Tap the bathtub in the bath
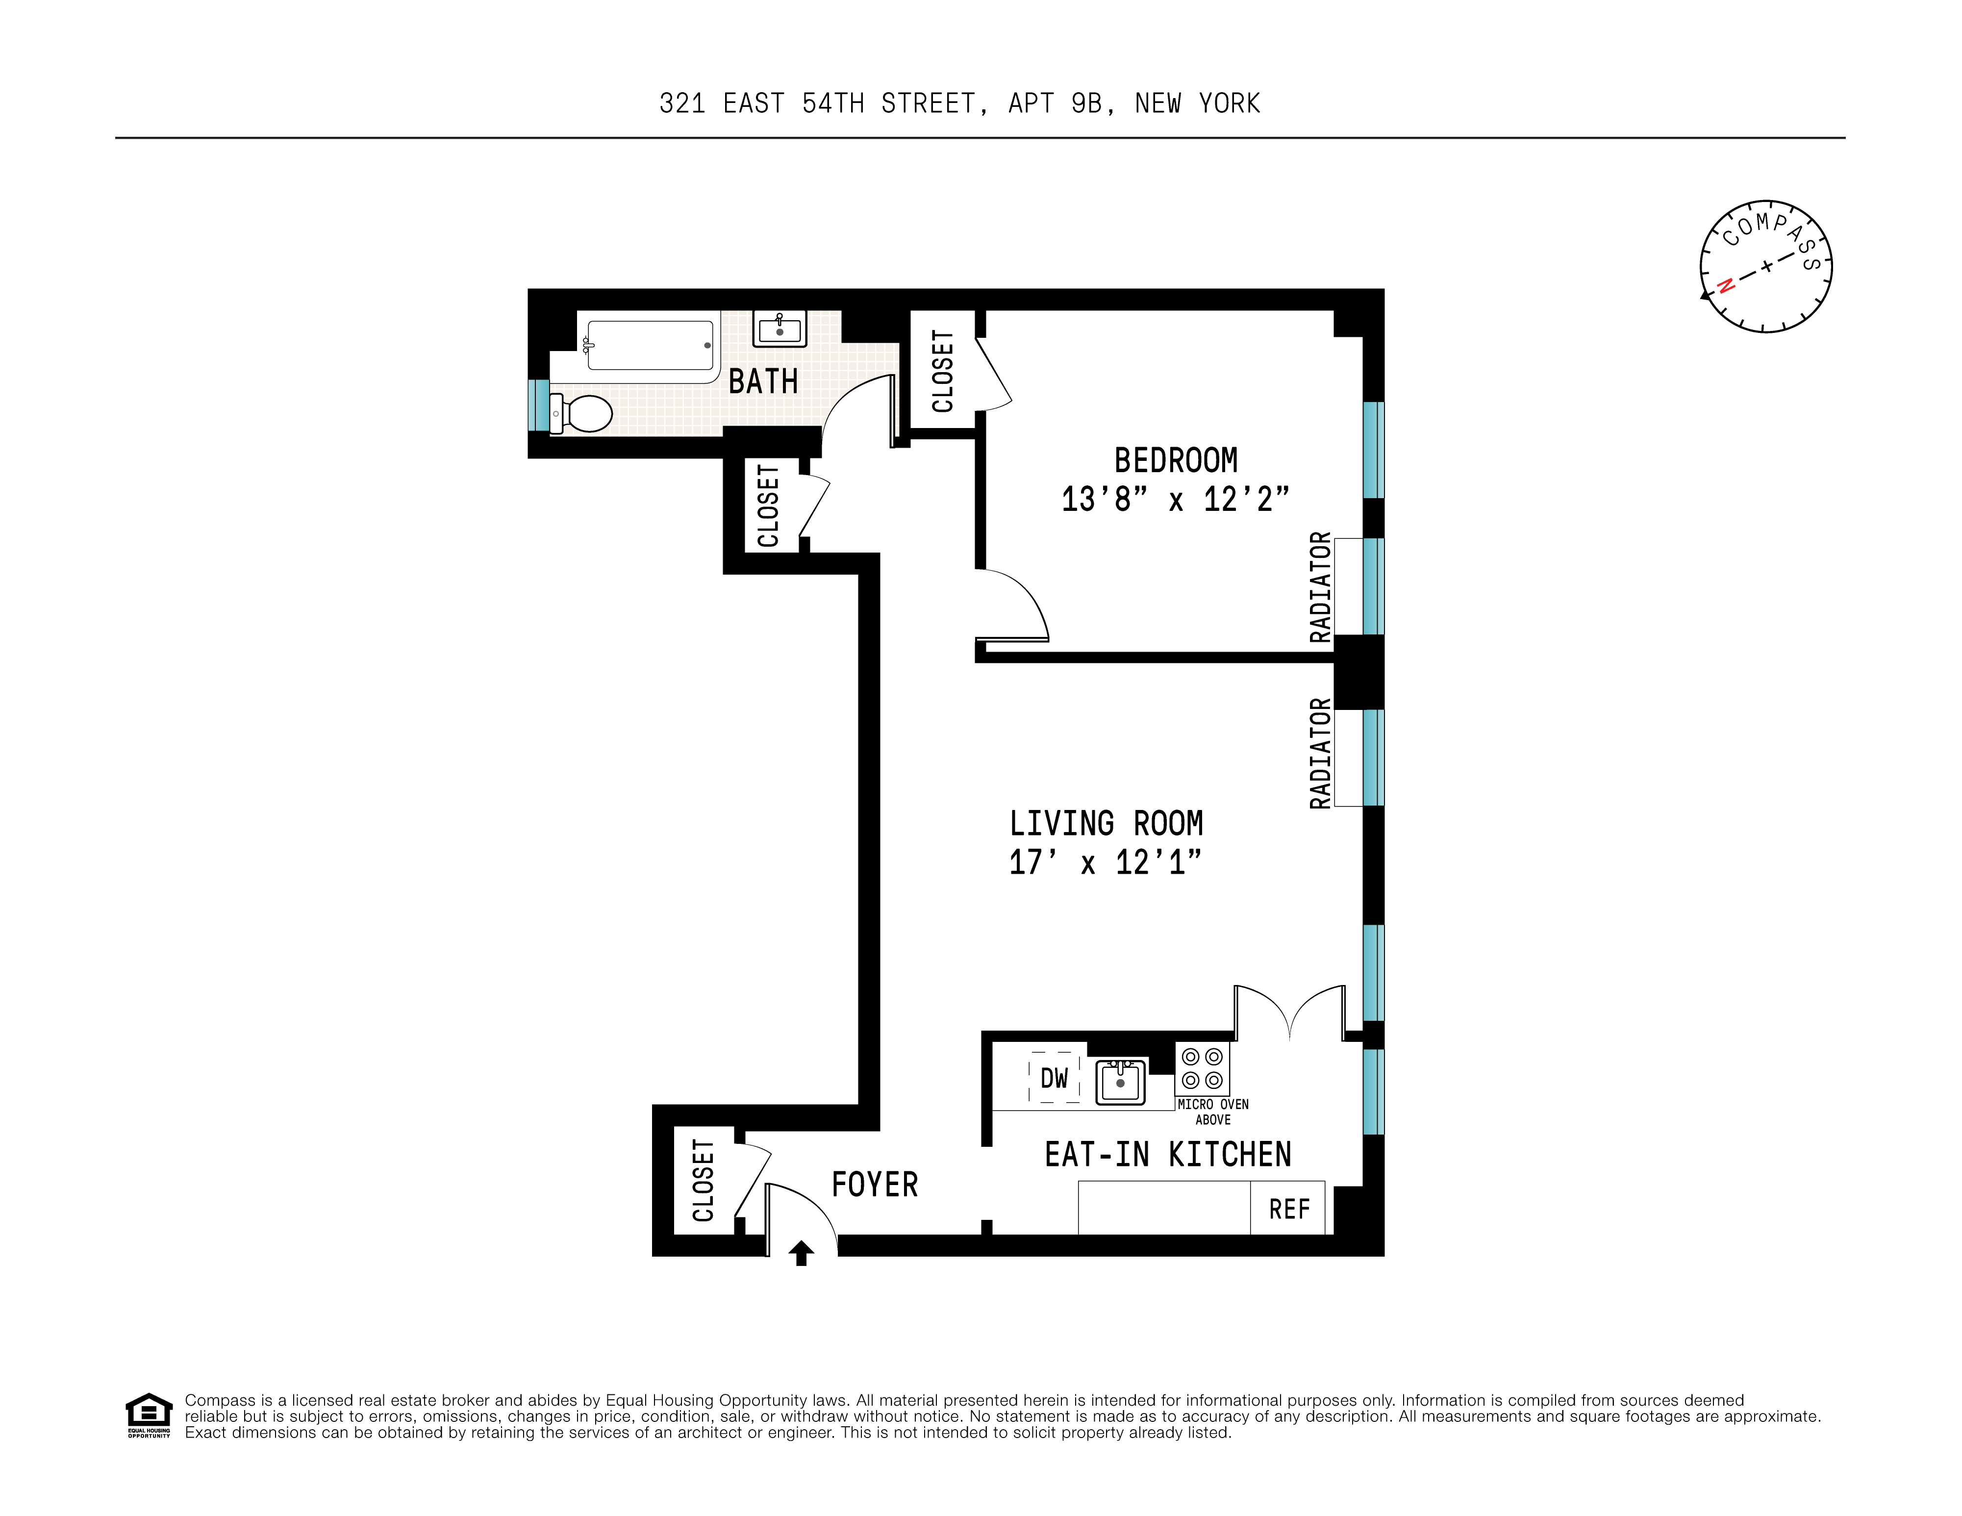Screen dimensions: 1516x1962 (650, 345)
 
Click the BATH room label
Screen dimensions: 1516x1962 (763, 382)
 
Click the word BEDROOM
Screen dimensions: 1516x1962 (1175, 460)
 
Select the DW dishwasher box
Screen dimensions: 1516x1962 (1054, 1078)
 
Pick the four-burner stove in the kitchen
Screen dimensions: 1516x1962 (1202, 1068)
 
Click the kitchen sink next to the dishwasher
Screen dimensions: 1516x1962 (1120, 1081)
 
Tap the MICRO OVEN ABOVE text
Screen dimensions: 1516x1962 (1213, 1112)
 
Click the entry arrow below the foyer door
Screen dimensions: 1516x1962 (802, 1252)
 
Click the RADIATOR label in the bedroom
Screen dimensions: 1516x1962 (1320, 587)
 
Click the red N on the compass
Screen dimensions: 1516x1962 (1725, 286)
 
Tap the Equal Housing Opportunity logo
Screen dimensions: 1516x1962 (148, 1415)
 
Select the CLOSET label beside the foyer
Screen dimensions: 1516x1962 (704, 1180)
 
